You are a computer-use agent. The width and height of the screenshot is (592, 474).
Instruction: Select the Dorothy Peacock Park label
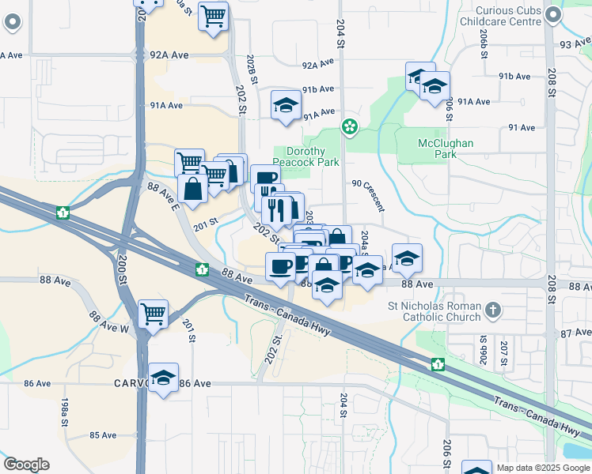311,156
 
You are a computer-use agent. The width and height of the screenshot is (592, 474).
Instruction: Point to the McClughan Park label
445,149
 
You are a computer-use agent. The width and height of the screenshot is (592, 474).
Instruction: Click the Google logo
26,465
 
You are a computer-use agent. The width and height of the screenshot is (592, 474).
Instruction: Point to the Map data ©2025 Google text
542,468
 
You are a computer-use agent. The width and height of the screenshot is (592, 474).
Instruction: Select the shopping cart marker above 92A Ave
213,16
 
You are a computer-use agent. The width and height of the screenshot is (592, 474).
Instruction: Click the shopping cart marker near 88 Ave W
153,314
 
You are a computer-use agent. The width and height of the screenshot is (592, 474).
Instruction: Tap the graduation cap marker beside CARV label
163,378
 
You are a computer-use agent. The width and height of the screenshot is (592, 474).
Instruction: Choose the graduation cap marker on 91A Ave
286,105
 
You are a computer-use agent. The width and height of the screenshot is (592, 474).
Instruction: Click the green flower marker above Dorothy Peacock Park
348,126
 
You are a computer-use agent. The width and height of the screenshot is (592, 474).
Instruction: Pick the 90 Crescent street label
368,195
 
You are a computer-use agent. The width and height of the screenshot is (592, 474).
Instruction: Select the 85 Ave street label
103,435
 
